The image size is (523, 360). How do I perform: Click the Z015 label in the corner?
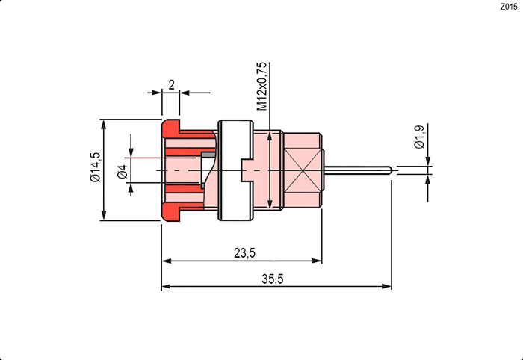click(x=507, y=7)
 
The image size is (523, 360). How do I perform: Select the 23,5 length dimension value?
click(x=244, y=253)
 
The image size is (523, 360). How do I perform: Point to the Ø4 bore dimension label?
click(x=123, y=170)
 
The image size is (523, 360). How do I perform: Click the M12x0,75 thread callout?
click(x=261, y=87)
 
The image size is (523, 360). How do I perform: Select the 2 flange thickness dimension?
click(x=171, y=85)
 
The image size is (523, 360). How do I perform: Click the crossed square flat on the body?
click(x=301, y=170)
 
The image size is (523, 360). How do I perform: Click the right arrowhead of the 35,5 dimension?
click(x=388, y=286)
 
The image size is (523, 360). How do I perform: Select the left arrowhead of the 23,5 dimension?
click(x=167, y=261)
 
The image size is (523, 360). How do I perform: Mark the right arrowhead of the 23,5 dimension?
click(x=318, y=261)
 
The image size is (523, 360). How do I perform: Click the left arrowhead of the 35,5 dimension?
click(x=167, y=286)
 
